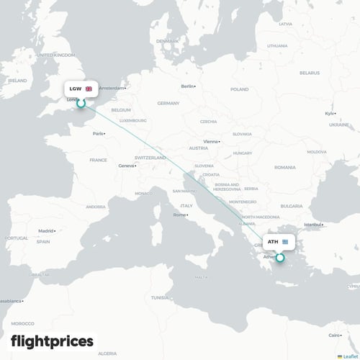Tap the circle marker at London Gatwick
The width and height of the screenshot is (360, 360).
click(81, 103)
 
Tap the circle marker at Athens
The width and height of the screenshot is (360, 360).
click(280, 257)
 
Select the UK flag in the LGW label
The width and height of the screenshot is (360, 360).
click(89, 89)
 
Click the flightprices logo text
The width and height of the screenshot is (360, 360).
click(52, 341)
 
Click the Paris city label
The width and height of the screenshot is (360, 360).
click(99, 133)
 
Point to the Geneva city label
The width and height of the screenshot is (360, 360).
click(127, 166)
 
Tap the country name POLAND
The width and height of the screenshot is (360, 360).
click(238, 91)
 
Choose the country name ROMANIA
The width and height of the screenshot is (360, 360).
click(284, 167)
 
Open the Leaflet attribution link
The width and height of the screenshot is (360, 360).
click(349, 356)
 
